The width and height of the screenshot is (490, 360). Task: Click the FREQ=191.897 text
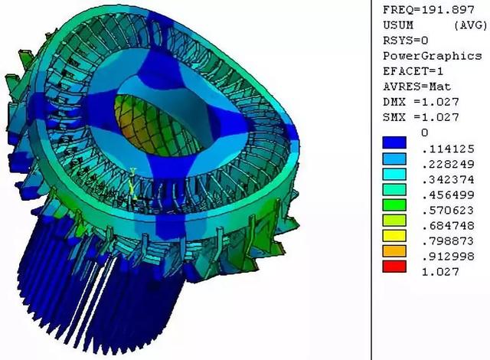click(429, 10)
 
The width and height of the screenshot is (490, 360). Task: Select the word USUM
click(398, 25)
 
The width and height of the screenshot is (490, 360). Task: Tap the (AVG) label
click(471, 25)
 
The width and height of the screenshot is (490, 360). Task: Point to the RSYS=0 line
click(405, 41)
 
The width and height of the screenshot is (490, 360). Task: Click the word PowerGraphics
click(432, 56)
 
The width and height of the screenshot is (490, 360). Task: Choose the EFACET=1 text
click(413, 71)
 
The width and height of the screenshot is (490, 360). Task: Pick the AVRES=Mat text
click(417, 87)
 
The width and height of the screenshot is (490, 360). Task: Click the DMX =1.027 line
click(421, 102)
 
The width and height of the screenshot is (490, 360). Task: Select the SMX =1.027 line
click(421, 117)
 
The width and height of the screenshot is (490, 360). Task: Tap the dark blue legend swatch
click(394, 142)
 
